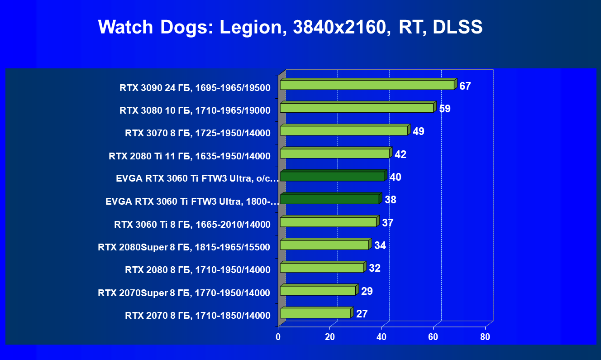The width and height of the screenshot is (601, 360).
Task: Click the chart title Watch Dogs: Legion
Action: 290,28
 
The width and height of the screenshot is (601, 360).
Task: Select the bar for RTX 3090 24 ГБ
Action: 367,85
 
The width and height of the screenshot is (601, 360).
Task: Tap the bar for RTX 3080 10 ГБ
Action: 357,108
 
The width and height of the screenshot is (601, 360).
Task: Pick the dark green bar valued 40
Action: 332,176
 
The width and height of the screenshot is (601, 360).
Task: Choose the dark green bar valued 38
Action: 329,199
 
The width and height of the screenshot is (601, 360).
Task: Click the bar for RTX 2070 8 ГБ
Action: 315,313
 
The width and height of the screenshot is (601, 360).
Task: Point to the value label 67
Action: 465,86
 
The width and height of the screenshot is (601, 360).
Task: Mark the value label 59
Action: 445,109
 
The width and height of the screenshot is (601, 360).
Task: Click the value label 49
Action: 419,132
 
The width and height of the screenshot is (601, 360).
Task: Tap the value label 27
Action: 362,314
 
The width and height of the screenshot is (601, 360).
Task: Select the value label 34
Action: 380,245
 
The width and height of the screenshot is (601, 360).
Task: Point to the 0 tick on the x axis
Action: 278,337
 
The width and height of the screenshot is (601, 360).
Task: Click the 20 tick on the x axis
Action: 330,337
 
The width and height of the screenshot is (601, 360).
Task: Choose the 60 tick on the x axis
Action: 433,337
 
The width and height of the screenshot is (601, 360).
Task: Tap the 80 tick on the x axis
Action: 485,337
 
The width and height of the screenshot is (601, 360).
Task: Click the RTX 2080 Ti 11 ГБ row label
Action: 190,157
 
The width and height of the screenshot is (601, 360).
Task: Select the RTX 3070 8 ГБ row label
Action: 198,134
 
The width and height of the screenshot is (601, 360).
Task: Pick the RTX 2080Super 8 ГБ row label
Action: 184,247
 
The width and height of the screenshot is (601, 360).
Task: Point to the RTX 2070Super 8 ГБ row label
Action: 184,293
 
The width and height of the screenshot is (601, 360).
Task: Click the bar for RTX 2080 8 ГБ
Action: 322,268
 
